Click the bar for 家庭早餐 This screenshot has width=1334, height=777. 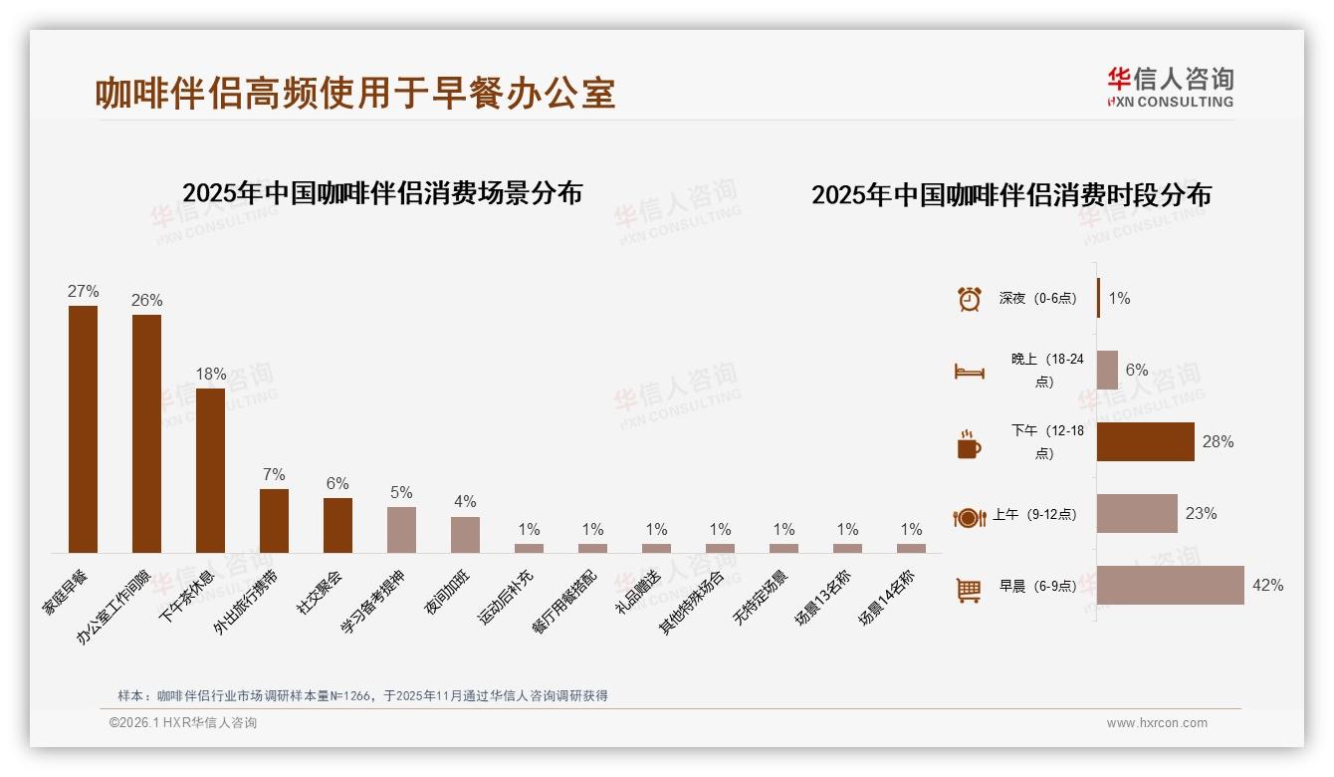83,428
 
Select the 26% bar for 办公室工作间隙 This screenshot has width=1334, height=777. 146,433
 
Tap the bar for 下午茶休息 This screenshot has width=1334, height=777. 210,470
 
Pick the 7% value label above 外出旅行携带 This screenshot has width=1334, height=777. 274,474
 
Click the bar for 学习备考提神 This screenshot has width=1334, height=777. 401,529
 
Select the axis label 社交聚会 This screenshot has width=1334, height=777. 320,591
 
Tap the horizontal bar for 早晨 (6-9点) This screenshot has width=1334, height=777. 1170,585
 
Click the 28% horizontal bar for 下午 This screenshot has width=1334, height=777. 1145,441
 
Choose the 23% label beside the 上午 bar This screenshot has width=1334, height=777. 1201,514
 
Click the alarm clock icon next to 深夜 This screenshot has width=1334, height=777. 969,299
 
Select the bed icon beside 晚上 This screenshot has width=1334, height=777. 969,372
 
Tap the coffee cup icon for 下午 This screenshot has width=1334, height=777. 969,444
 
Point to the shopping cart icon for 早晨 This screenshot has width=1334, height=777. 969,590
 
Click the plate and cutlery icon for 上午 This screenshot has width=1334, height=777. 969,517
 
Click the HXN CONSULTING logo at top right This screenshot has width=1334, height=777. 1170,88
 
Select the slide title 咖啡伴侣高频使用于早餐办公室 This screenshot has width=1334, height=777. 355,93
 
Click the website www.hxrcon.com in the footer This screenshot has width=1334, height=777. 1157,723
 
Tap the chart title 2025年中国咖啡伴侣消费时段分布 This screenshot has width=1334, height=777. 1010,195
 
